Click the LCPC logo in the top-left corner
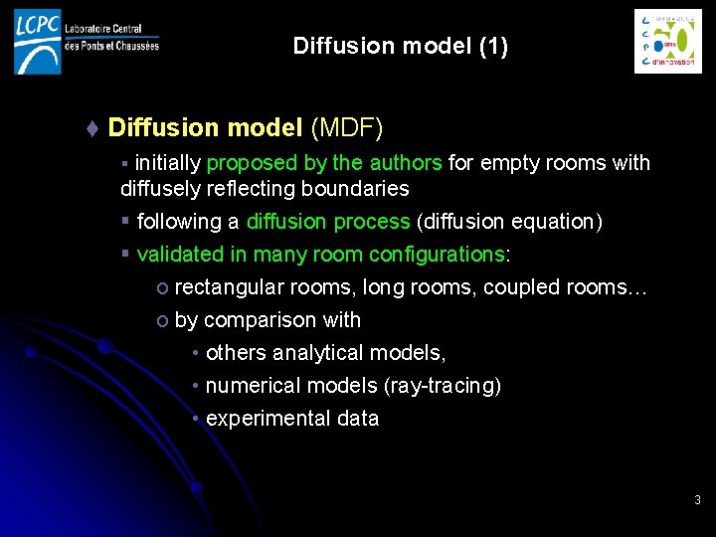tap(86, 41)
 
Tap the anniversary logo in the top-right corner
tap(667, 42)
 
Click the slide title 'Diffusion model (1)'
tap(400, 47)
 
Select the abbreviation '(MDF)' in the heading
tap(347, 128)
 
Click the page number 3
tap(697, 500)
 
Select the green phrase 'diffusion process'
tap(328, 222)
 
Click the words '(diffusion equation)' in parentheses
tap(509, 222)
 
